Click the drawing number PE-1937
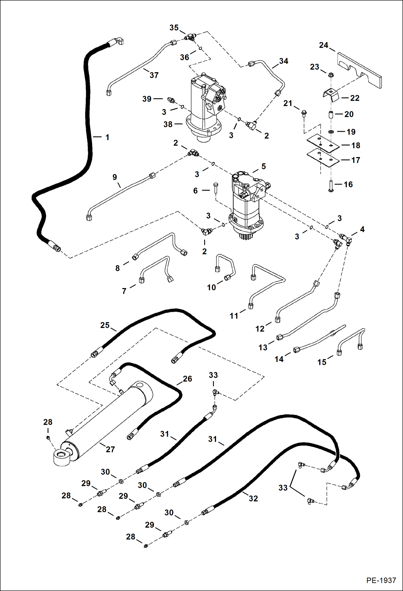[x=381, y=580]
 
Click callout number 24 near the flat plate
[x=323, y=45]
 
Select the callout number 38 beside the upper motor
[x=168, y=124]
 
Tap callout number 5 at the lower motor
[x=263, y=166]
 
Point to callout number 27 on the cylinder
[x=110, y=449]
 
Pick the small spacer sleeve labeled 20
[x=331, y=114]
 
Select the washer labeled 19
[x=330, y=132]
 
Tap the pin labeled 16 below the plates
[x=331, y=186]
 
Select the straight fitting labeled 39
[x=171, y=100]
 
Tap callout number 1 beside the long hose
[x=107, y=137]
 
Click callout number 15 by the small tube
[x=322, y=362]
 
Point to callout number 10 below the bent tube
[x=211, y=287]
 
